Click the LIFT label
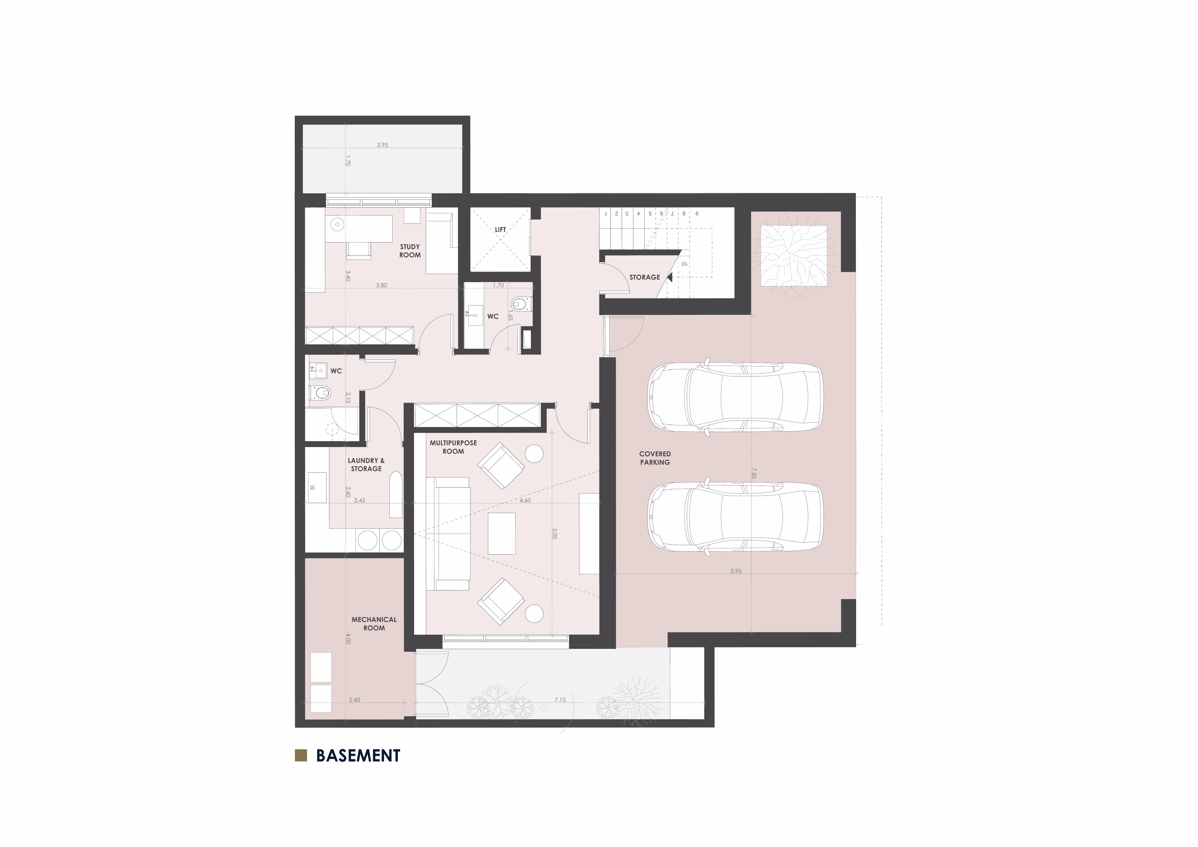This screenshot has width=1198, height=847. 500,229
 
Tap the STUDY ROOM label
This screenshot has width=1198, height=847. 410,251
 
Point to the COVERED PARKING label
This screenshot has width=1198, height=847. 655,458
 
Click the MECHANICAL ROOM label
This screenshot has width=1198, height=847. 374,624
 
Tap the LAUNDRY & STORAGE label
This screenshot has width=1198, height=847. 366,465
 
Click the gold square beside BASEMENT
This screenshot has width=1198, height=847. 301,756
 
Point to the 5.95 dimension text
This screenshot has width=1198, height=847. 736,571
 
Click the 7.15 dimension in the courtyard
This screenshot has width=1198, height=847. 560,700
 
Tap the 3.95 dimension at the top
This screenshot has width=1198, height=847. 382,145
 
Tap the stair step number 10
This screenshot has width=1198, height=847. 684,264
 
